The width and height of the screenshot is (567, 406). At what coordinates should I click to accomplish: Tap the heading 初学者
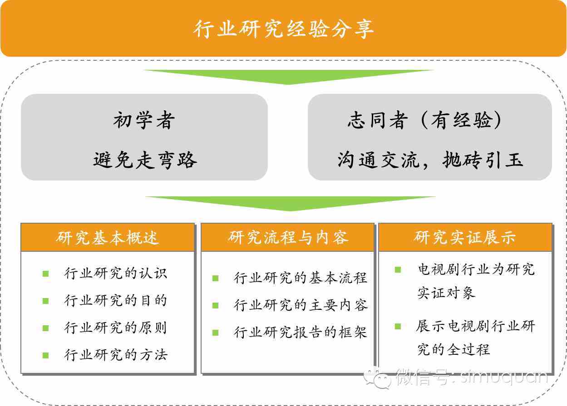pyautogui.click(x=144, y=121)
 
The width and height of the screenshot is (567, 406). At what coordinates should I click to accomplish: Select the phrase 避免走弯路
pyautogui.click(x=145, y=160)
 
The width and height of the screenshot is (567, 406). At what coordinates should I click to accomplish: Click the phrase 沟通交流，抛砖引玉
pyautogui.click(x=430, y=160)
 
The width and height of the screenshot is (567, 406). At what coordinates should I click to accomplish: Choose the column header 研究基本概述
pyautogui.click(x=108, y=238)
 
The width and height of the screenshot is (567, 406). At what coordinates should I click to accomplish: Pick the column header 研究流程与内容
pyautogui.click(x=288, y=238)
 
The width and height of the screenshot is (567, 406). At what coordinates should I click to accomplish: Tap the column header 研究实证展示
pyautogui.click(x=465, y=238)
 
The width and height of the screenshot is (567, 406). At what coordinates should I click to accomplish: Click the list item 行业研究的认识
pyautogui.click(x=116, y=274)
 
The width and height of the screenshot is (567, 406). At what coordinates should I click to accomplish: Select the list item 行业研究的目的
pyautogui.click(x=116, y=301)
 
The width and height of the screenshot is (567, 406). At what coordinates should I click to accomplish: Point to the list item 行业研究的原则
pyautogui.click(x=116, y=328)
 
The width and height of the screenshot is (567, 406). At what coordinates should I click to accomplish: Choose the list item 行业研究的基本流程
pyautogui.click(x=301, y=278)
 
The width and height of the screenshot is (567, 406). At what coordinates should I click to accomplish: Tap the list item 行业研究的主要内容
pyautogui.click(x=301, y=305)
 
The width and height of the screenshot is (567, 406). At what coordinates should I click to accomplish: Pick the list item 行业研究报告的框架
pyautogui.click(x=301, y=333)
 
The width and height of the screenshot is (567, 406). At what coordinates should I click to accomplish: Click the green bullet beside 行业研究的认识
pyautogui.click(x=45, y=274)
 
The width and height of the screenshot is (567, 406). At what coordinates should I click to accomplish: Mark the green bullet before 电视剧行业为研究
pyautogui.click(x=398, y=269)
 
